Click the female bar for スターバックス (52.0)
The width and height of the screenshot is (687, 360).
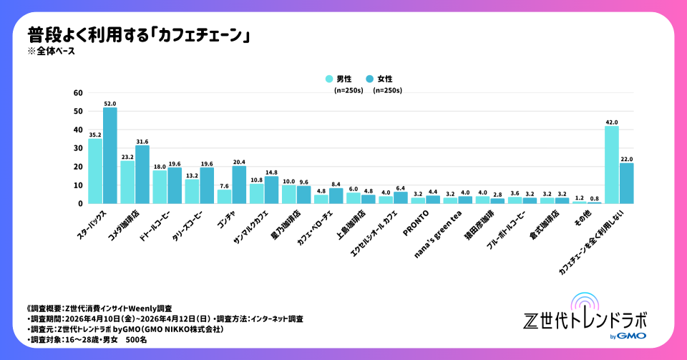(x=110, y=155)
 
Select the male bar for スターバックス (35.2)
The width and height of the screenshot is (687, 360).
(x=95, y=171)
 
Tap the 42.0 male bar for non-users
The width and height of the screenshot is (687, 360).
(x=611, y=165)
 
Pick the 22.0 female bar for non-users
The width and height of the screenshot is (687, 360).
(x=626, y=183)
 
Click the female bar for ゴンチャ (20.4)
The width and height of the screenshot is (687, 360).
(x=239, y=185)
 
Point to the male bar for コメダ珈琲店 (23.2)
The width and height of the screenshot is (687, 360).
(x=127, y=182)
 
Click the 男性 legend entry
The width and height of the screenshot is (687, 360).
(x=343, y=79)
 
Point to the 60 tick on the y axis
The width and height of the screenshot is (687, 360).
(x=79, y=93)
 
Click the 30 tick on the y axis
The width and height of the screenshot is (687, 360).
(x=79, y=148)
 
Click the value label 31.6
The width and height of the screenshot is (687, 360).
(x=142, y=141)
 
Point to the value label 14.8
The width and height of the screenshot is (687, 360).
(x=271, y=172)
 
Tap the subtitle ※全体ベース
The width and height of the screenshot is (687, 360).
(x=51, y=51)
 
